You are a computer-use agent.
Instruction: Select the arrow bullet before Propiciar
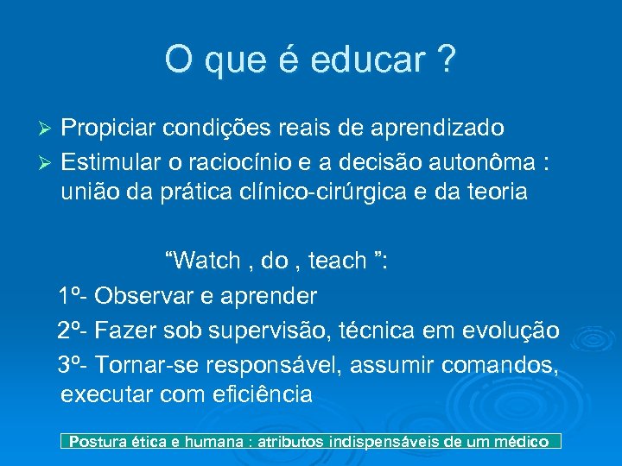(48, 129)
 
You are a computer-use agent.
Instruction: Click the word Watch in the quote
(209, 261)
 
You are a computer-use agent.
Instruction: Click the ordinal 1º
(71, 296)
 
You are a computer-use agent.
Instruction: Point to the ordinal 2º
(71, 331)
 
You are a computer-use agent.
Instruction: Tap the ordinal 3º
(71, 363)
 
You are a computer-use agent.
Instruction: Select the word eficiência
(262, 395)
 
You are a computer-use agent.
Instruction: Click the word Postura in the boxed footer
(98, 442)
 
